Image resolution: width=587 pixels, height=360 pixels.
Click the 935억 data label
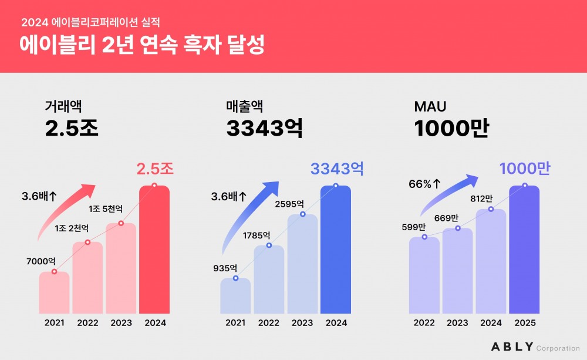[225, 268]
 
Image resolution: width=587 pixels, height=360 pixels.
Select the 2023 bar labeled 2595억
[302, 264]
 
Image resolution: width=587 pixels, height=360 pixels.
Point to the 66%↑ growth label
[424, 184]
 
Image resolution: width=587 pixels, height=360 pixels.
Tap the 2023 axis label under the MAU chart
[457, 322]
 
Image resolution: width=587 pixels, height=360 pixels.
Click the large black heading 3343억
[264, 129]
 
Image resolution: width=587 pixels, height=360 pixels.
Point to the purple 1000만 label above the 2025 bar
[525, 169]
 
